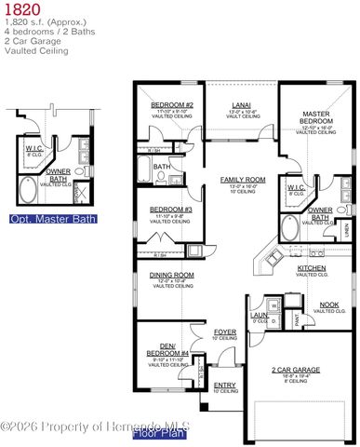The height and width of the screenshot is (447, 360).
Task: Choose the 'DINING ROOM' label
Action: (171, 275)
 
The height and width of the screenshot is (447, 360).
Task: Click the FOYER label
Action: (225, 332)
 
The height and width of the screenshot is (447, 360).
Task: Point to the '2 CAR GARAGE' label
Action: (296, 370)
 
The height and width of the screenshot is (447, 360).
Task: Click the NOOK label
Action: (328, 305)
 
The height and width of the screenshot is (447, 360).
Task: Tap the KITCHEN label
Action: (311, 268)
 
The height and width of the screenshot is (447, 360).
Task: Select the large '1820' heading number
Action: (20, 8)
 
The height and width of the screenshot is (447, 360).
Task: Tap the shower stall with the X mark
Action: (81, 194)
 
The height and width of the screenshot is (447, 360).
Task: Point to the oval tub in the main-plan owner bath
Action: (290, 227)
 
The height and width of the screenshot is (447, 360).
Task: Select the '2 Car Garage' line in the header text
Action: (31, 41)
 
